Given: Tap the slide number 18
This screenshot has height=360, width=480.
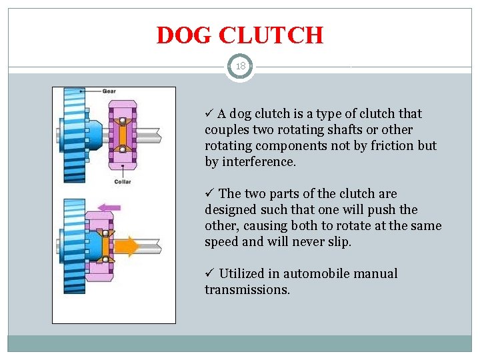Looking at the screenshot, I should (240, 67).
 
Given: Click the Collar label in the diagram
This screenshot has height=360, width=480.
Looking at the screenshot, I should (122, 181).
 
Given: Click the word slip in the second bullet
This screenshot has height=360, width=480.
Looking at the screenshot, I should (337, 242).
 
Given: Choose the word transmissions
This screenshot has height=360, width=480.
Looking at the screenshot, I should (247, 290).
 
